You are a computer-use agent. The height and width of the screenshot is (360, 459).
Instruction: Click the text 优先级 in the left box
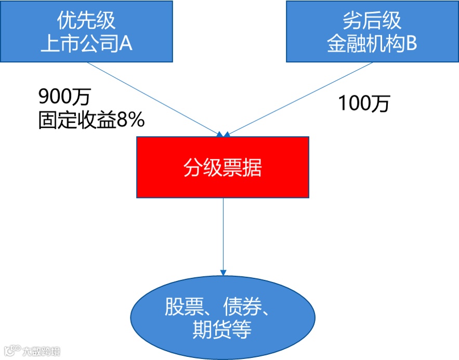[86, 21]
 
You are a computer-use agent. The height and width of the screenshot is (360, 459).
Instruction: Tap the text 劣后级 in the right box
[372, 21]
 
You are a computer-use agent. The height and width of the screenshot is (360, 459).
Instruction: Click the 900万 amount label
[65, 96]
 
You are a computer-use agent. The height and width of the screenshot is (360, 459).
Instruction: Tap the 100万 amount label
[364, 104]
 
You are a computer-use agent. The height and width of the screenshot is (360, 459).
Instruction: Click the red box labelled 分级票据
[222, 167]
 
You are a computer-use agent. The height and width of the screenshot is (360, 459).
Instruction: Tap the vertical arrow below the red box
[223, 234]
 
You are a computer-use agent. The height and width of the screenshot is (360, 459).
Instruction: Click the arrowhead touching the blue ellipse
[223, 272]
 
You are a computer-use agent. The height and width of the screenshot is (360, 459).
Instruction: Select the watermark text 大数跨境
[42, 351]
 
